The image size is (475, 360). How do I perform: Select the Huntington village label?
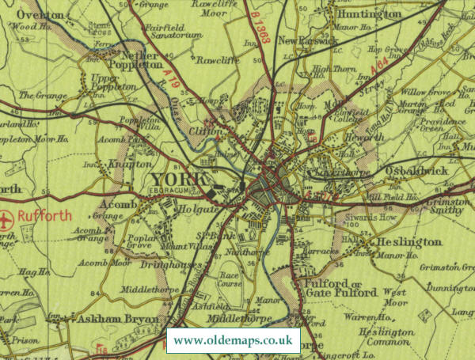370,14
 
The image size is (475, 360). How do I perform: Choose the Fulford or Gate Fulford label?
340,287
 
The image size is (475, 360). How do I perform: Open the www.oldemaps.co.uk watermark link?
233,341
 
